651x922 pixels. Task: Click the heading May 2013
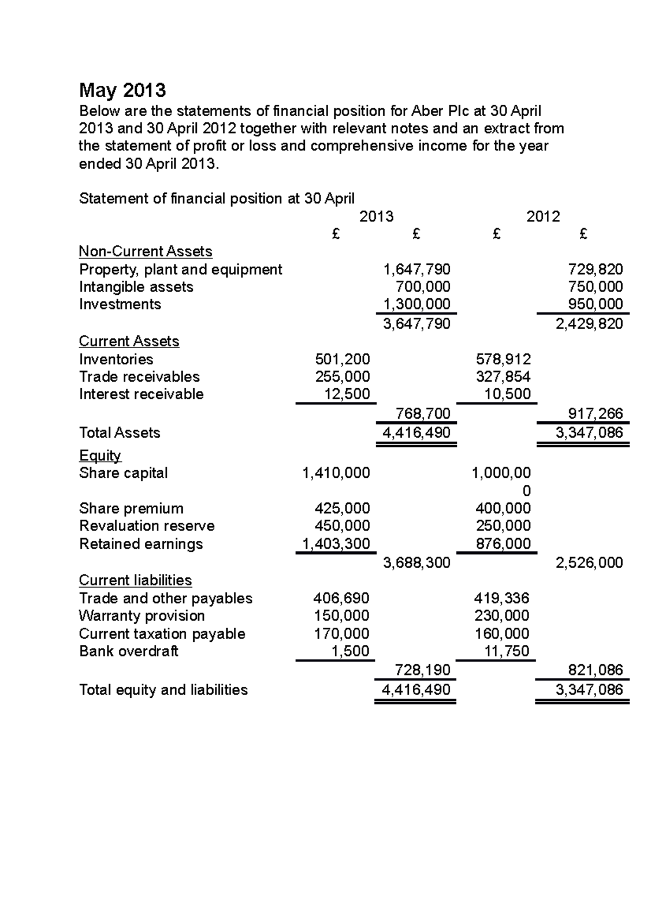(x=122, y=90)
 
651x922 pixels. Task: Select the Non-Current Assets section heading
(x=145, y=251)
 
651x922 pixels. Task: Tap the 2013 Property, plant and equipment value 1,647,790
(x=416, y=269)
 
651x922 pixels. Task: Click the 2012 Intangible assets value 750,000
(x=595, y=287)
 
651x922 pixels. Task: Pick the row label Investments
(x=120, y=304)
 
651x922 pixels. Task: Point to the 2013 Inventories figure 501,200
(x=342, y=359)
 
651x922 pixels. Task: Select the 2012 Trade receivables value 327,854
(x=503, y=377)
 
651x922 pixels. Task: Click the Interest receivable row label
(x=141, y=394)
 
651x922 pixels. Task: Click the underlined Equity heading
(x=100, y=455)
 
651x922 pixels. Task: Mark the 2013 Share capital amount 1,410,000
(x=336, y=473)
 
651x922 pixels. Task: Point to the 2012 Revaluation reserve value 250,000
(x=503, y=526)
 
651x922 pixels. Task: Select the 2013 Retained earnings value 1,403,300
(x=336, y=544)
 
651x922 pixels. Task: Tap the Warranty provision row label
(x=142, y=616)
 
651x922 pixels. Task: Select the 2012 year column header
(x=543, y=217)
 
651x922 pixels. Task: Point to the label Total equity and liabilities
(x=163, y=690)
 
